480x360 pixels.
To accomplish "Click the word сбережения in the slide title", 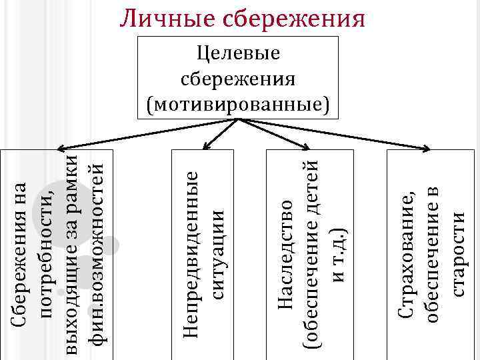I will pos(295,17).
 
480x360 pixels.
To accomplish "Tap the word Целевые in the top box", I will pos(238,54).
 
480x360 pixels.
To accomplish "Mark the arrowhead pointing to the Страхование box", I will pos(425,147).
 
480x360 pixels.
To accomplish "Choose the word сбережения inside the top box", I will pos(238,79).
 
